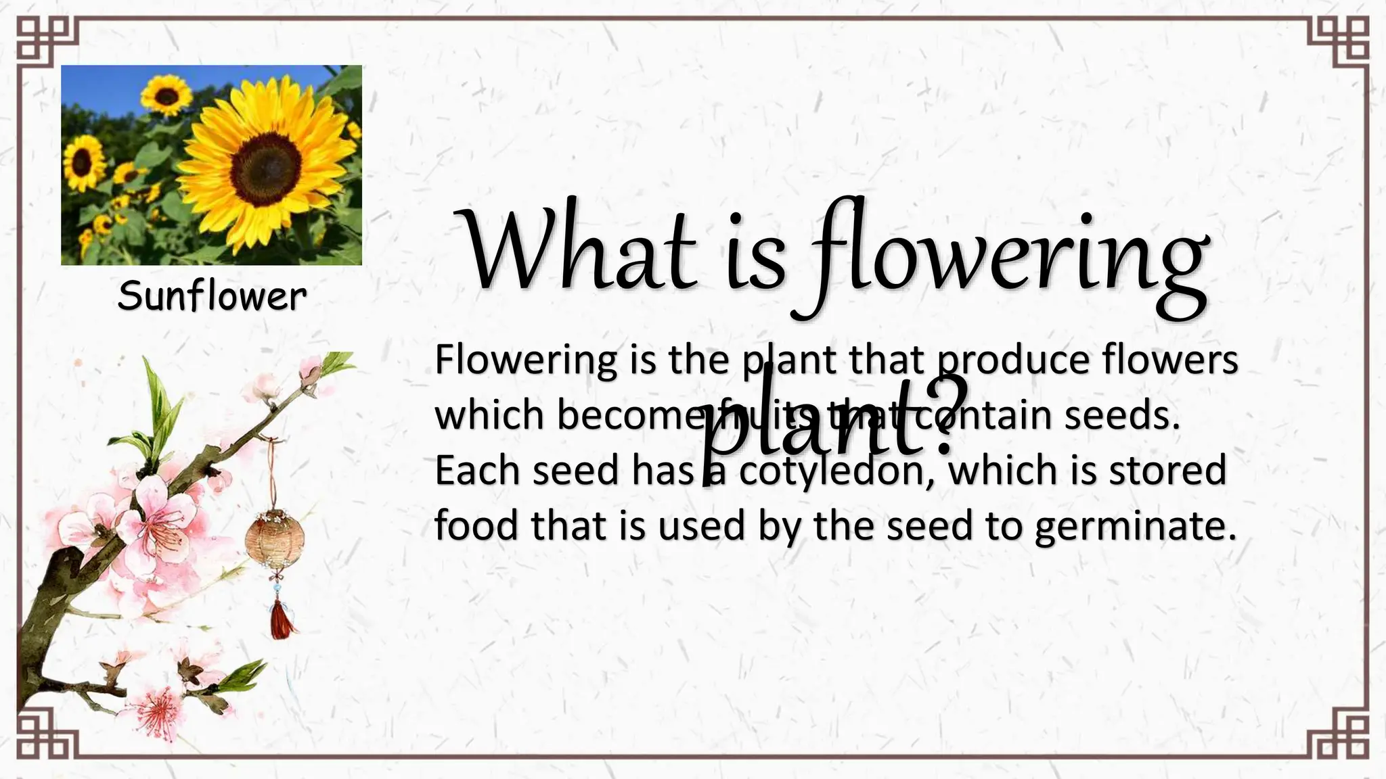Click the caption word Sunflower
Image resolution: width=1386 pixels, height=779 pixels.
(x=212, y=297)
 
